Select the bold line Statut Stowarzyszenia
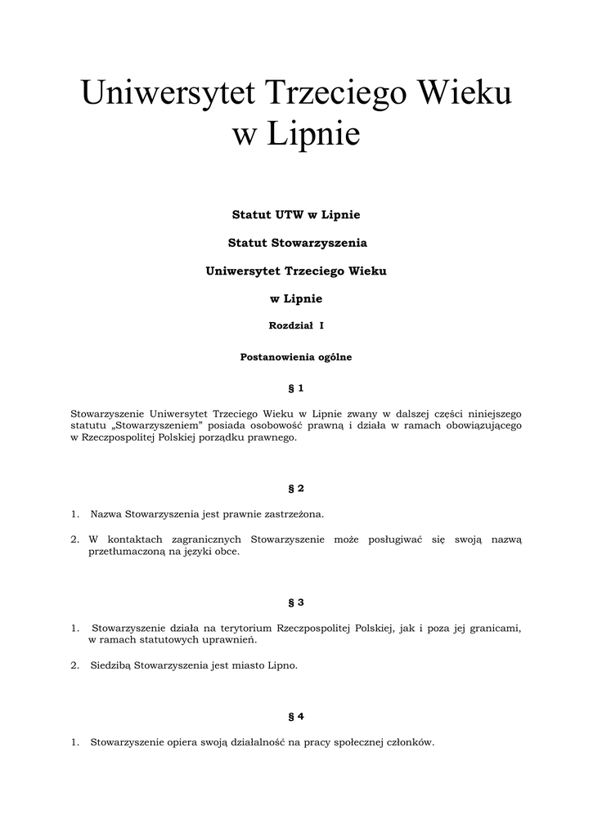296,243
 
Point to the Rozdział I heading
296,326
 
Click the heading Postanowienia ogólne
296,357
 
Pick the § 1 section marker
296,387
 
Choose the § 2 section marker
296,489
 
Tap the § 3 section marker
296,602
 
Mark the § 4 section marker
296,717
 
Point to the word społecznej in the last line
366,742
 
